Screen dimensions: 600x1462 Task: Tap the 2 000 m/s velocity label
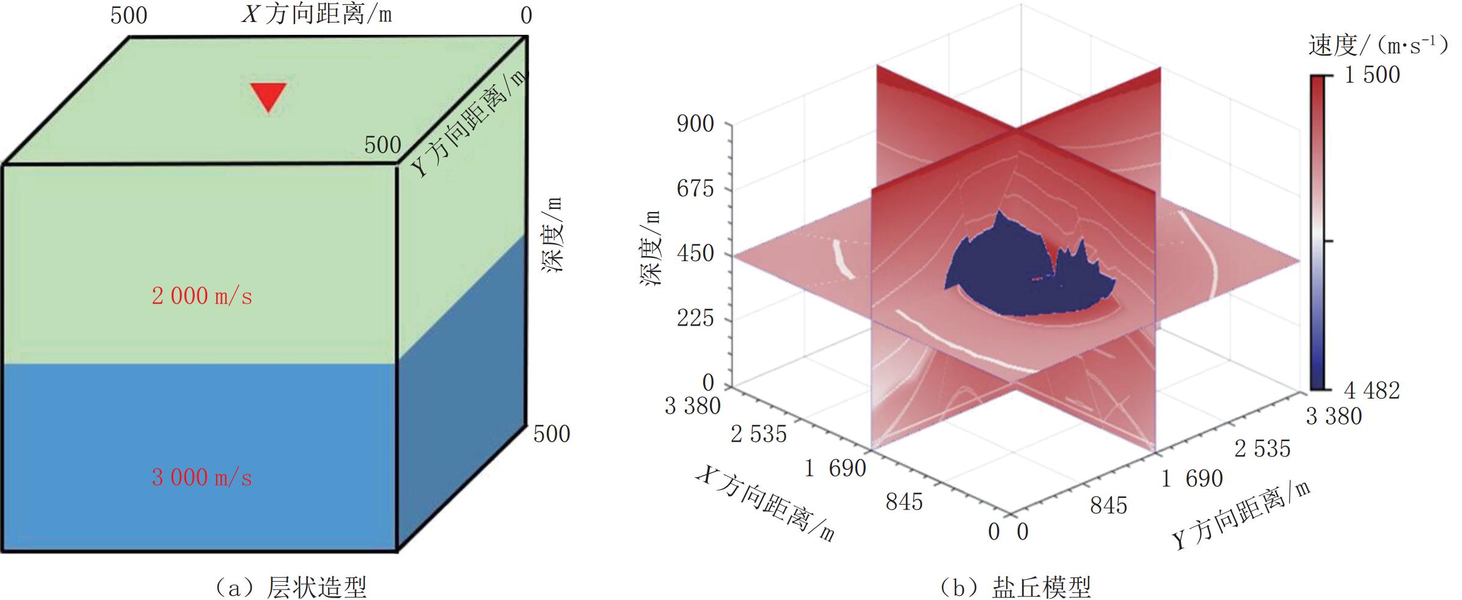pos(202,296)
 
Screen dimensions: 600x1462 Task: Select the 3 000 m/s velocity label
pos(202,477)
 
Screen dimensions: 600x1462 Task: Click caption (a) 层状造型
pos(291,587)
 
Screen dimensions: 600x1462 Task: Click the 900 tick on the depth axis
pos(695,124)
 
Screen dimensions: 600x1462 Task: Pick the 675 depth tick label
pos(695,189)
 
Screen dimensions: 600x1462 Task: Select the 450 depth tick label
pos(695,254)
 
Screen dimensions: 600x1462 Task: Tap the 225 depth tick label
pos(695,318)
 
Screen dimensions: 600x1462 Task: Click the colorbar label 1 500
pos(1372,75)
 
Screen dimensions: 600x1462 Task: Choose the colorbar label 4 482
pos(1372,390)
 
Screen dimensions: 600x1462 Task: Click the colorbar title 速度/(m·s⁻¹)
pos(1378,45)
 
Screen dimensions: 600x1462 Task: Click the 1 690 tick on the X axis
pos(835,469)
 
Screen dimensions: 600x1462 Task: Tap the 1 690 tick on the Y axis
pos(1192,478)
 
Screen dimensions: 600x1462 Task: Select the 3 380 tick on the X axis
pos(693,406)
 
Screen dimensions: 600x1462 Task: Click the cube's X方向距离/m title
pos(316,15)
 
